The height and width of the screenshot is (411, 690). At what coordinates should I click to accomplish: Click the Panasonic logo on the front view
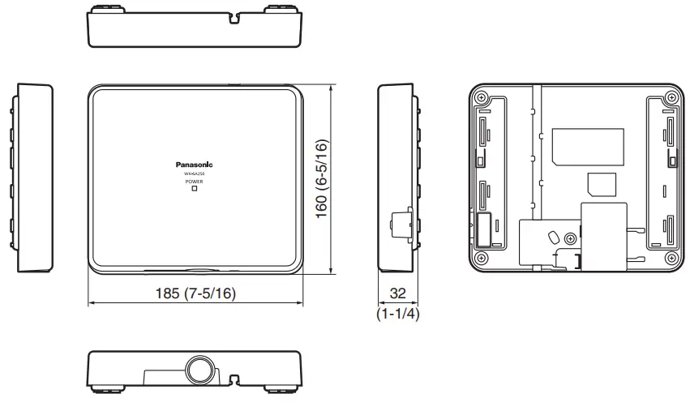[x=194, y=162]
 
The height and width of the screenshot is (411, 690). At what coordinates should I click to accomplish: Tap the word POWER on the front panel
[x=194, y=182]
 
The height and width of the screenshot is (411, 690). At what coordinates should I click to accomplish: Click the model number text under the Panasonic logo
[x=194, y=173]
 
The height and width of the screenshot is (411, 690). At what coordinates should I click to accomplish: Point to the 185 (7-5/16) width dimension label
[x=195, y=293]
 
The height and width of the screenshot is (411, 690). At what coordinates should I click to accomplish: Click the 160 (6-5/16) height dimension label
[x=322, y=179]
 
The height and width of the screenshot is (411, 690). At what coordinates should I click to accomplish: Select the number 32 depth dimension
[x=397, y=293]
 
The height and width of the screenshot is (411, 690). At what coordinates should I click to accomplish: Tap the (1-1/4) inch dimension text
[x=397, y=313]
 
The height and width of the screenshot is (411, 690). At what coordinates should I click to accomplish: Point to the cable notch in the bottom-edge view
[x=235, y=379]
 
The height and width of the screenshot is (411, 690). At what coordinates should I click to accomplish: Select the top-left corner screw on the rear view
[x=482, y=98]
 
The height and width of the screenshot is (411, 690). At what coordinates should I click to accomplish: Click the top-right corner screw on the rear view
[x=671, y=98]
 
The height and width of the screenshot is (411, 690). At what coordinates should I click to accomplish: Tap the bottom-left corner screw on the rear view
[x=482, y=258]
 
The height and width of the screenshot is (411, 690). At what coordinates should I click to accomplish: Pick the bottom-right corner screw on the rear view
[x=671, y=258]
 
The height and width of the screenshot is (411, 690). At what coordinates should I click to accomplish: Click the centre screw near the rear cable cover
[x=572, y=238]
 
